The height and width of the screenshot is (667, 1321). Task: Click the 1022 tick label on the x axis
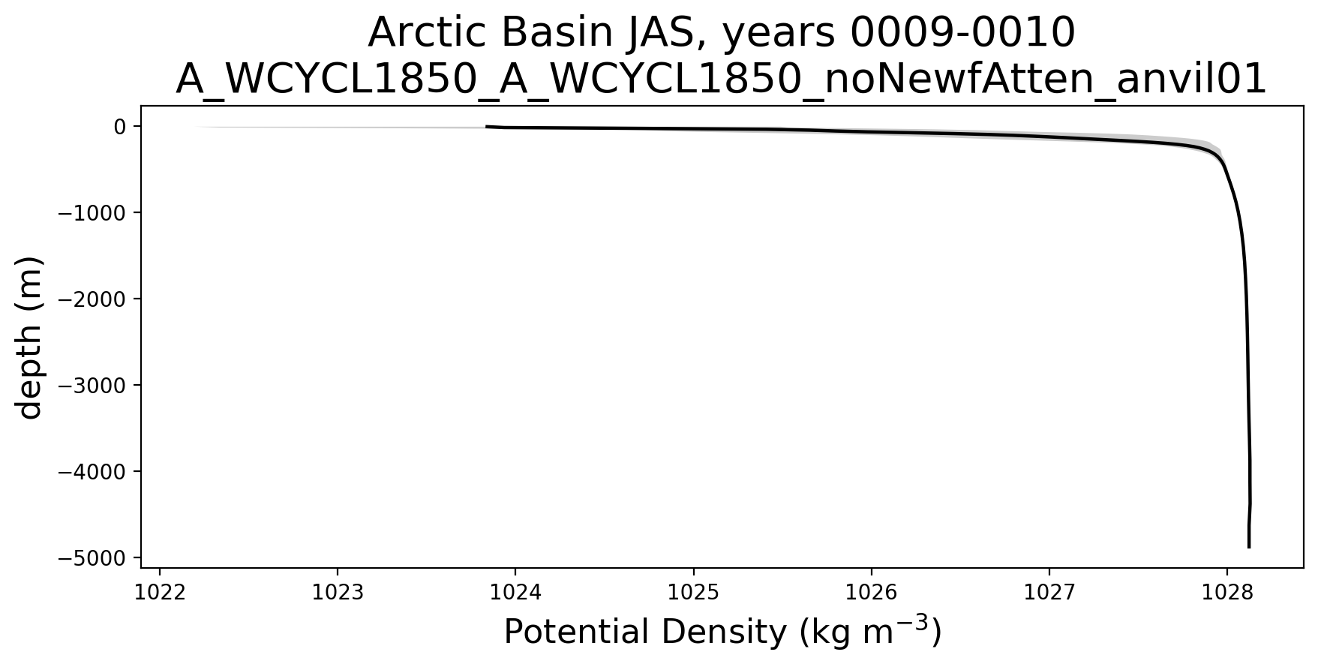pos(159,593)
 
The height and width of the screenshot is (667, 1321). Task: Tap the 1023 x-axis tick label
pos(338,593)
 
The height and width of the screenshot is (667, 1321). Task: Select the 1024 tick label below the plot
pos(515,593)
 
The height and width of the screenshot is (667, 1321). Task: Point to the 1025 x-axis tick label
pos(693,593)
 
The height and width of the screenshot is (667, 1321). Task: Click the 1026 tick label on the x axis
pos(871,593)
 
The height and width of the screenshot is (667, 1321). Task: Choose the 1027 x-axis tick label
pos(1049,593)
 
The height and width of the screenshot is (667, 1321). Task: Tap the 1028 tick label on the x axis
pos(1226,593)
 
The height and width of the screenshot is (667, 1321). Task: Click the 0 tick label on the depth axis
pos(119,127)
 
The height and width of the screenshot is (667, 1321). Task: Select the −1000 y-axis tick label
pos(92,213)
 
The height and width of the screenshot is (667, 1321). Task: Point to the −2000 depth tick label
pos(92,299)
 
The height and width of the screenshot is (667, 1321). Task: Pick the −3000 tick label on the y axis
pos(92,386)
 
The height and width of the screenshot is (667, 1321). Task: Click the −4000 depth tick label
pos(92,472)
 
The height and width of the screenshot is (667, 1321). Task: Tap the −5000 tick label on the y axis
pos(92,558)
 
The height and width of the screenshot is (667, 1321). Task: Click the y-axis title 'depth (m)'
pos(30,337)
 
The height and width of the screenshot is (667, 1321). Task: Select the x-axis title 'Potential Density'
pos(643,632)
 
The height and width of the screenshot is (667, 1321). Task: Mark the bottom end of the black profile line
pos(1249,548)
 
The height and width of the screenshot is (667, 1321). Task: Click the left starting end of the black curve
pos(487,127)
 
